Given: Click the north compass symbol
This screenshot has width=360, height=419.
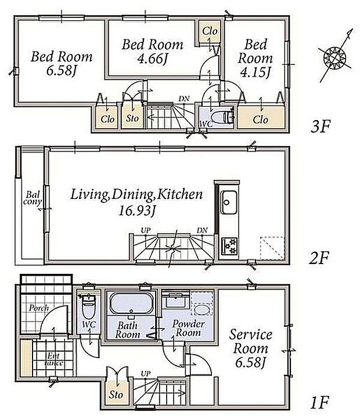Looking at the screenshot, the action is coord(335,56).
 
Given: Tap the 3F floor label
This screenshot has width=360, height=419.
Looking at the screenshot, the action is coord(321,127).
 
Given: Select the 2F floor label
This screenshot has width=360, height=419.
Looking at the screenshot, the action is coord(319,258).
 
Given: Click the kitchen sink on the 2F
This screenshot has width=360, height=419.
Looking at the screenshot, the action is coord(228,203).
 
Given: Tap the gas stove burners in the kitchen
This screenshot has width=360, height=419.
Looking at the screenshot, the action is coord(229,246).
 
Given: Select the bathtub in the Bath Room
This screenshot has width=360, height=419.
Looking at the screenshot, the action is coord(131,304).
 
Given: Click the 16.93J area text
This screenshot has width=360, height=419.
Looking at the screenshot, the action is coord(136,211).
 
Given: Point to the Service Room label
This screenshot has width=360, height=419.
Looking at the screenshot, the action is coord(251,341).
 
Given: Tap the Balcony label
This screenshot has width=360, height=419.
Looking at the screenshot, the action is coord(32,198).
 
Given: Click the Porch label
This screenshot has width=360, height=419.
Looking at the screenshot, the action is coord(39,308).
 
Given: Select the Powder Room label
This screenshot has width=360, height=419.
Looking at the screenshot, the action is coord(189,328).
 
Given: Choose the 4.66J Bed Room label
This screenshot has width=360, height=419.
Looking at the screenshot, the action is coord(153,51).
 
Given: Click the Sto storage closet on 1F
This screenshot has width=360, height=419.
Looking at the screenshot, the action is coord(116,394).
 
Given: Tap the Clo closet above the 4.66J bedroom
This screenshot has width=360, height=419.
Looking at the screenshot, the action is coord(210,31).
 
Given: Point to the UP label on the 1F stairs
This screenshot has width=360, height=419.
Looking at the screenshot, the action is coord(146,373).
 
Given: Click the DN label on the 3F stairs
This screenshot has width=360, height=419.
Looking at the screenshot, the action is coord(184,99).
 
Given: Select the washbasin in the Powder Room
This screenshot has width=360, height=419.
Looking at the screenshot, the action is coord(202,310).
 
